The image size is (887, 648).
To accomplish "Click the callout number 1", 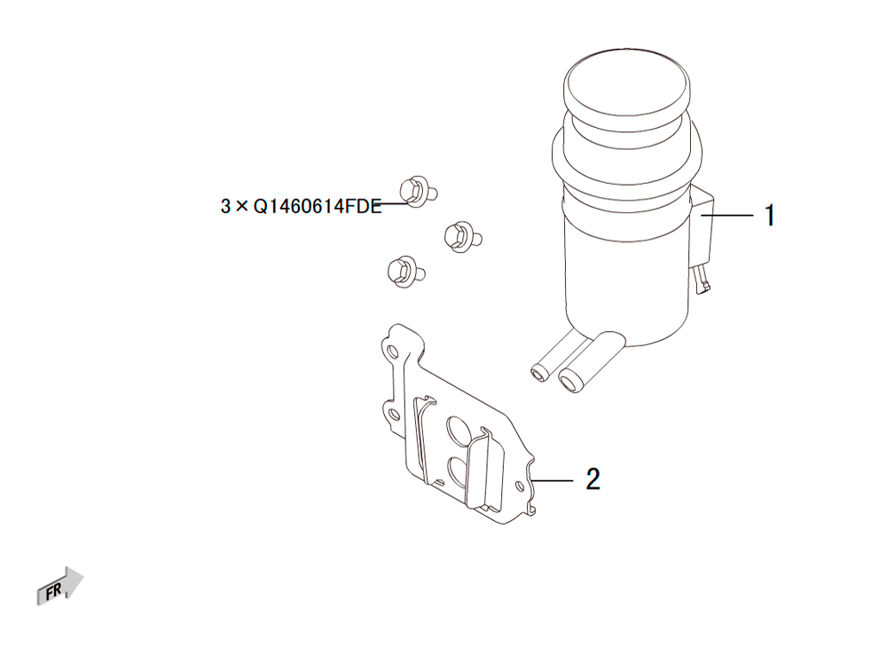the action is point(769,216).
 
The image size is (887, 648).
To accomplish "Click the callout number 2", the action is point(593,479).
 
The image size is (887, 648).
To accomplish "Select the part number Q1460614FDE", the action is point(318,207).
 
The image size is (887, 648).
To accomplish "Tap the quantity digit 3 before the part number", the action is point(225,207).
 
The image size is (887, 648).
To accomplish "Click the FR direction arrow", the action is point(60,587).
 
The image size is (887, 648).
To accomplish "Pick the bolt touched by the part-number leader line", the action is point(418,192).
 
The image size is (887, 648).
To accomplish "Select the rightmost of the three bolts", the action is point(462,236).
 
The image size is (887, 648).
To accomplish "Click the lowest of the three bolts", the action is point(405,272).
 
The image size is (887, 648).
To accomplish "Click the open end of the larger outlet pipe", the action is point(570,380).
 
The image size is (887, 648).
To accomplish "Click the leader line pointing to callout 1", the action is point(727,216).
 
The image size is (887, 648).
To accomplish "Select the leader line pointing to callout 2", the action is point(553,480).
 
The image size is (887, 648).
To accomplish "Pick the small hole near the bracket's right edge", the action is point(521,486).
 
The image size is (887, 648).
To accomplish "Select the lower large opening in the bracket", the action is point(459,470).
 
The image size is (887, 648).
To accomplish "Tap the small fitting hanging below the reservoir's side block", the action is point(702,281).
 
